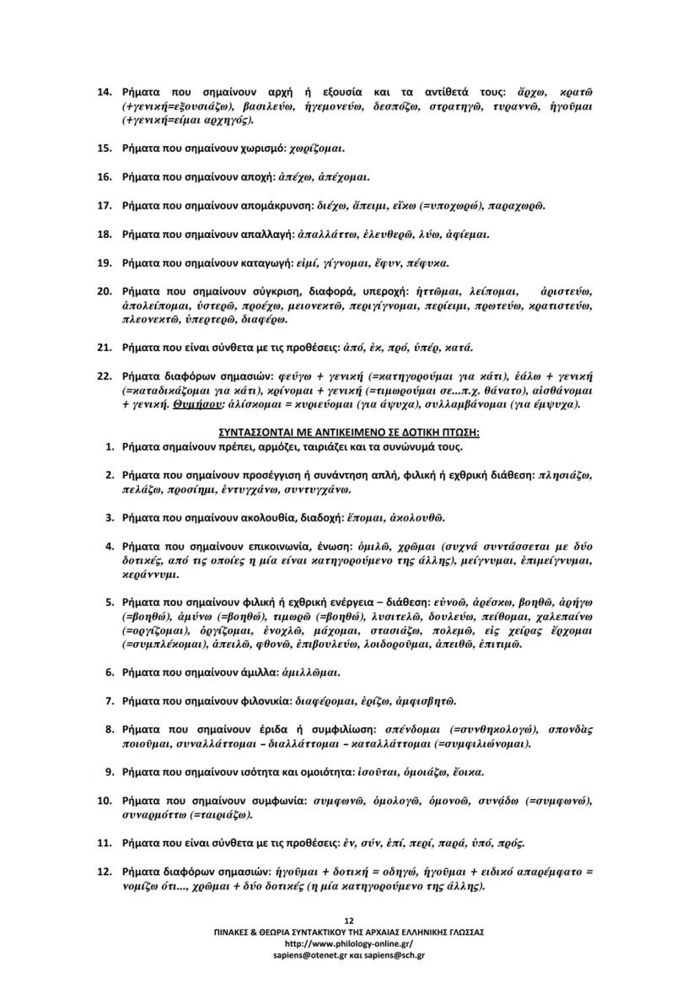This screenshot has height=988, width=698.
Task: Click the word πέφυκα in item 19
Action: [427, 263]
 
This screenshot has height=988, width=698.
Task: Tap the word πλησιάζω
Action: [565, 476]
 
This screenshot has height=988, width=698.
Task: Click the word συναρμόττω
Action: [153, 816]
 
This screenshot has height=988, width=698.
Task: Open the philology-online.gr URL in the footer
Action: [349, 943]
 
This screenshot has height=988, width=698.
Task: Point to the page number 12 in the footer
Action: [349, 921]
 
